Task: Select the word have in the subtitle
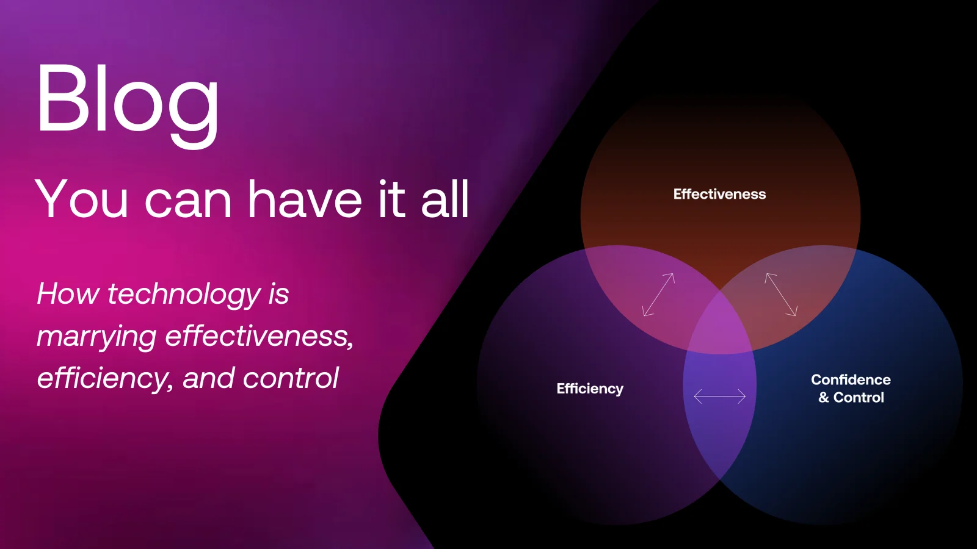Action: point(305,199)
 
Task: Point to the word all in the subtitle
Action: point(445,199)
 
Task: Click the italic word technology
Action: point(184,295)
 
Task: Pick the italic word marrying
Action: point(96,337)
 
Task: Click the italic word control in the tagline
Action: point(291,378)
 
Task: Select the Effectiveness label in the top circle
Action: point(719,195)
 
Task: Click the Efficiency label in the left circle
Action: point(590,389)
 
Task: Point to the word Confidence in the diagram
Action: point(851,379)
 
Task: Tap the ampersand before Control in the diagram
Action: point(824,398)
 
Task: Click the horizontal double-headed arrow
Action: point(720,396)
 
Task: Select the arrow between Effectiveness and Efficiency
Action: point(659,295)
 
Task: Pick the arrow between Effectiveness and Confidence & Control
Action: point(781,295)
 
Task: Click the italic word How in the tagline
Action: point(68,293)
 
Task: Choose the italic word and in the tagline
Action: point(208,378)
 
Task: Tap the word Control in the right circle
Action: point(859,397)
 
